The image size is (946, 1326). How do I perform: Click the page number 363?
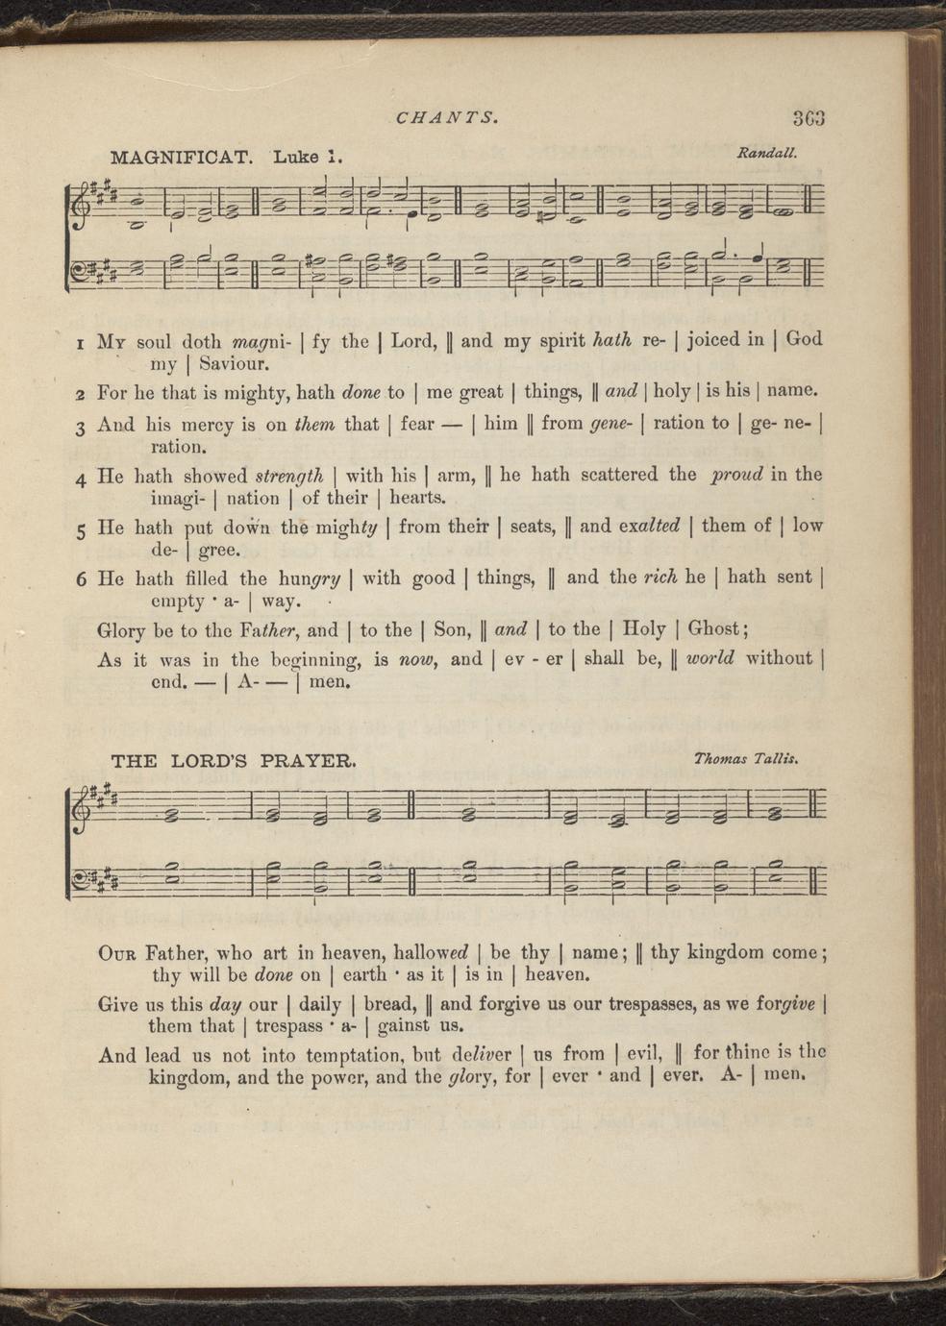(x=809, y=119)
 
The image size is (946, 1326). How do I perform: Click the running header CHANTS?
(x=446, y=118)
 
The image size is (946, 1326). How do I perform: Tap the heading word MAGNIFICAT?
(x=182, y=157)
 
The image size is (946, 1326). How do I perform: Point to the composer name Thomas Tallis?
(x=747, y=759)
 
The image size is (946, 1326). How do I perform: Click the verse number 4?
(x=81, y=478)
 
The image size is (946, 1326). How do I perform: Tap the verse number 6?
(x=81, y=581)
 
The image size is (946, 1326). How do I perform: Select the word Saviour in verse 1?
(x=234, y=364)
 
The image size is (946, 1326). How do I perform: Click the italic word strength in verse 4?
(x=287, y=474)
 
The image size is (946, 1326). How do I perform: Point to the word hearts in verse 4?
(x=417, y=498)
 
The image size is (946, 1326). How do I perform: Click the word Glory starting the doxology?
(x=124, y=631)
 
